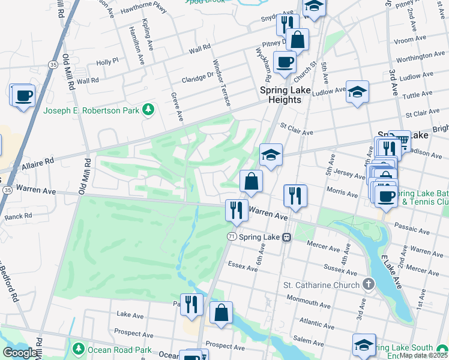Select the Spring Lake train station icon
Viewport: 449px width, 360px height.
288,237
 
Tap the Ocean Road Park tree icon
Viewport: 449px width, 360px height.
77,349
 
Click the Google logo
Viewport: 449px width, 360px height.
19,353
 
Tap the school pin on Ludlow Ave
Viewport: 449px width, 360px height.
357,92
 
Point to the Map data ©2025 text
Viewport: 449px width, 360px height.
424,355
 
